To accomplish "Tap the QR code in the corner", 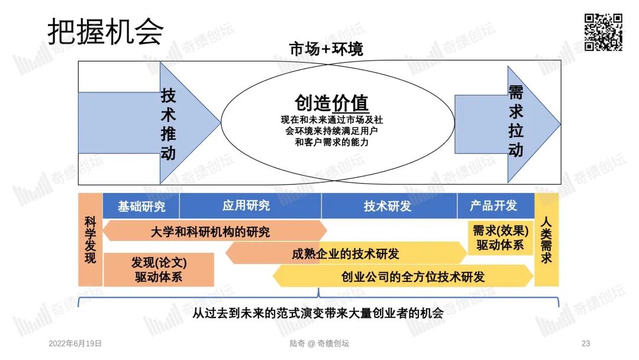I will [x=603, y=32].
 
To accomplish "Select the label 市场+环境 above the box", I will [x=325, y=50].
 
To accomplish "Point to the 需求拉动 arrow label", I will [x=516, y=121].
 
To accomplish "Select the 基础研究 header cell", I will [x=141, y=207].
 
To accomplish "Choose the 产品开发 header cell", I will [x=493, y=205].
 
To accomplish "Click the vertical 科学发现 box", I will [x=90, y=240].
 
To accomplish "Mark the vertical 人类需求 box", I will [x=546, y=240].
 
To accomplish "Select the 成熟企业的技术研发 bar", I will [x=346, y=253].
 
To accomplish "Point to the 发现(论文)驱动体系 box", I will [x=158, y=269].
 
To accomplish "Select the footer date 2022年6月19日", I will [x=75, y=343].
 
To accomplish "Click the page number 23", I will [x=586, y=343].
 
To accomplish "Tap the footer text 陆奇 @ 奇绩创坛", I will [x=320, y=343].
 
